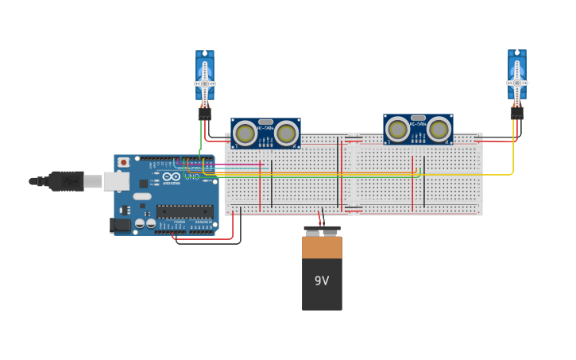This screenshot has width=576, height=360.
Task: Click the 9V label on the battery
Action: coord(322,281)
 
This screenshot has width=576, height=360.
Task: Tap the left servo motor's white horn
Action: coord(204,83)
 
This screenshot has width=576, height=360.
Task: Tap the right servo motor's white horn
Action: coord(516,82)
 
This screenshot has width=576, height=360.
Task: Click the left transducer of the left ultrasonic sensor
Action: coord(245,134)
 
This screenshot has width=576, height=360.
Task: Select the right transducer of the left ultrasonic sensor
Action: coord(286,134)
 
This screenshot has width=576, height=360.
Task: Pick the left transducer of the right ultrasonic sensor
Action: coord(397,129)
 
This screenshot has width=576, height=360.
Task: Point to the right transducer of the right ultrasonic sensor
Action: coord(439,129)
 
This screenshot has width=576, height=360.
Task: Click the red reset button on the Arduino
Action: coord(123,162)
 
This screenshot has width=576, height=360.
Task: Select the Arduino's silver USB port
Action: coord(116,181)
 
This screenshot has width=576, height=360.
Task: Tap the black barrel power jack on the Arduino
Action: coord(118,225)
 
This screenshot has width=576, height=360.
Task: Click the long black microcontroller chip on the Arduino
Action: coord(184,211)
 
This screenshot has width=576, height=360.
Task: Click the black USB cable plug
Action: coord(67,181)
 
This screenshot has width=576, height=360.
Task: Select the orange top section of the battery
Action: coord(322,247)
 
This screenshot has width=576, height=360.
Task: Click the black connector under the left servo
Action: coord(204,114)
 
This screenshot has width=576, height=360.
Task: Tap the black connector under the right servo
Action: coord(516,114)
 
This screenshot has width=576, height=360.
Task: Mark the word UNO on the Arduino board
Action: coord(191,176)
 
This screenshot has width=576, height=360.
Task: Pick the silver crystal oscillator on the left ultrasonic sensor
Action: coord(265,122)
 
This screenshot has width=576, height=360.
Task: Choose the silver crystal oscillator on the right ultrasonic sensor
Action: coord(418,118)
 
